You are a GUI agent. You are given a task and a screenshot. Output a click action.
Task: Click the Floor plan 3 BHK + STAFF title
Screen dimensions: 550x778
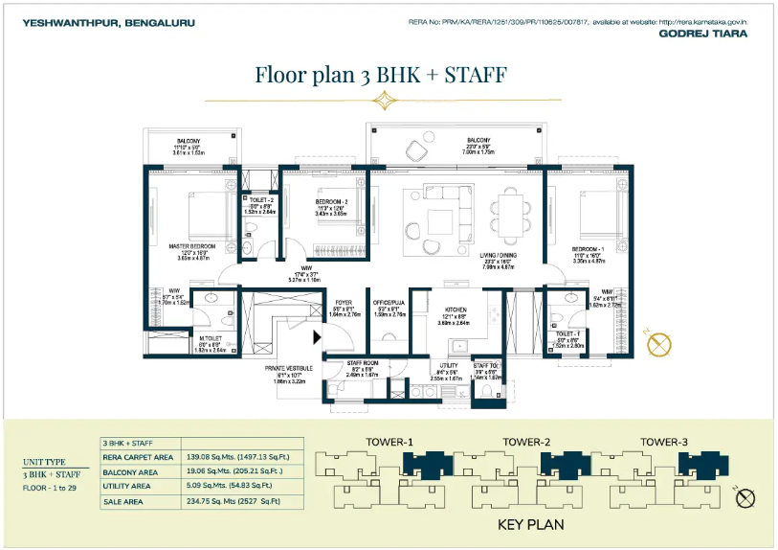click(381, 74)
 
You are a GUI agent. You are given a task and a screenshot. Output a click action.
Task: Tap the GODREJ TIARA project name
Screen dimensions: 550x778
click(703, 33)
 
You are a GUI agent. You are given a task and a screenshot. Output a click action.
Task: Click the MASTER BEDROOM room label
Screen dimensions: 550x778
click(191, 246)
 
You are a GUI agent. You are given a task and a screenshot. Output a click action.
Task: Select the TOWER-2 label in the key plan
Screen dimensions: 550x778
click(526, 442)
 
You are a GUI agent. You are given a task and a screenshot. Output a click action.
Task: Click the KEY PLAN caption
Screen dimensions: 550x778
click(531, 524)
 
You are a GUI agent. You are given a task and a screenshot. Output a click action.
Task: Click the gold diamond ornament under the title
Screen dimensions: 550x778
click(384, 101)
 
